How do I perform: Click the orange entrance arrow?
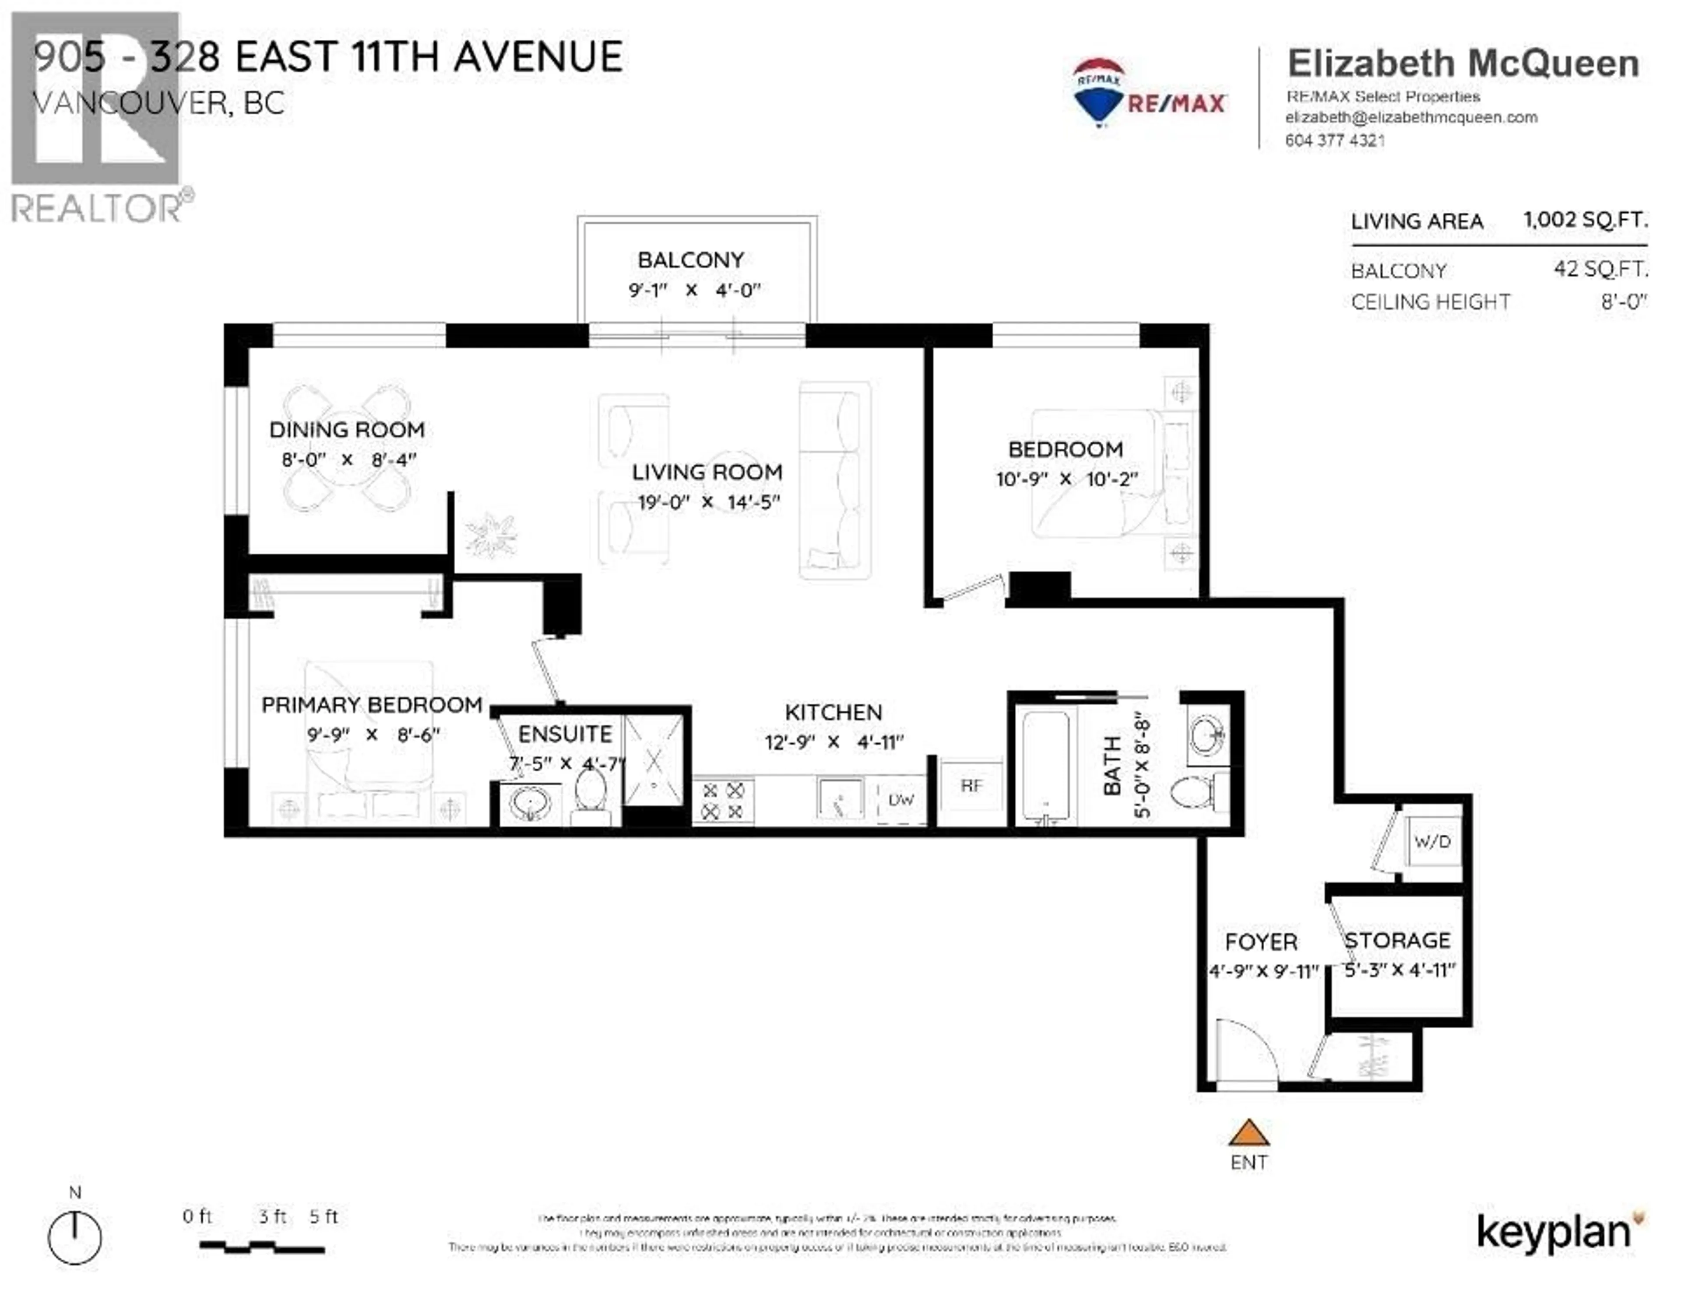[1248, 1133]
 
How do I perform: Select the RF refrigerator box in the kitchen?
[971, 786]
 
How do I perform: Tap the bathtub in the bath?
[1044, 766]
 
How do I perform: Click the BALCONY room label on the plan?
[690, 260]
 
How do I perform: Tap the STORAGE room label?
[1397, 941]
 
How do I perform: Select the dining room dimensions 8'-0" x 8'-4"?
[348, 460]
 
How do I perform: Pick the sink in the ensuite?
[530, 805]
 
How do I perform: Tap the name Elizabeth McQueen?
[1463, 63]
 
